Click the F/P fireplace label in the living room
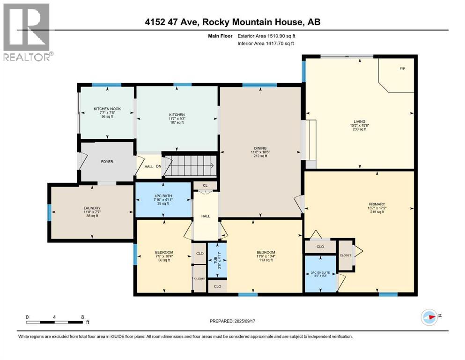pyautogui.click(x=402, y=69)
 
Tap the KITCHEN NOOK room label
pyautogui.click(x=107, y=109)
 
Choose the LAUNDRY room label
pyautogui.click(x=92, y=208)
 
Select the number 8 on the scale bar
pyautogui.click(x=82, y=317)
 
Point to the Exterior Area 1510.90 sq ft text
pyautogui.click(x=266, y=35)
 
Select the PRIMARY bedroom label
pyautogui.click(x=376, y=204)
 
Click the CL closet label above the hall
pyautogui.click(x=205, y=186)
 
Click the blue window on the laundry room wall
pyautogui.click(x=49, y=212)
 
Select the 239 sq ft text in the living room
pyautogui.click(x=360, y=129)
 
